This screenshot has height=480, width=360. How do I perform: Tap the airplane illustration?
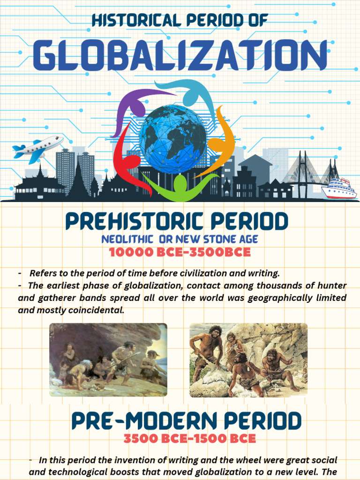[x=38, y=148]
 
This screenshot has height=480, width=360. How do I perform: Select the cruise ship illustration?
[x=339, y=188]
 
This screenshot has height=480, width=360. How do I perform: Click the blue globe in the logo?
[x=173, y=139]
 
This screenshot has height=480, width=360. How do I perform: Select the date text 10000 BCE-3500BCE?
[x=180, y=252]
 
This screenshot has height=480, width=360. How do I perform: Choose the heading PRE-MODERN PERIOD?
[x=187, y=421]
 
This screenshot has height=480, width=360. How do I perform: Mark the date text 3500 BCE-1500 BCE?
[x=190, y=439]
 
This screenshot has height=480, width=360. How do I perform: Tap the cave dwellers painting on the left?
[x=108, y=360]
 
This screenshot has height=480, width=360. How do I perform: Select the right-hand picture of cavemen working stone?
[x=248, y=360]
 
